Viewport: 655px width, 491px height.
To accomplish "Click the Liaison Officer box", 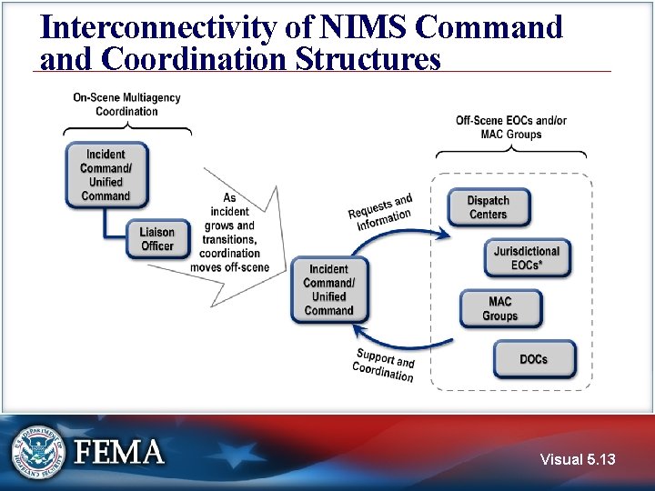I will click(x=157, y=239).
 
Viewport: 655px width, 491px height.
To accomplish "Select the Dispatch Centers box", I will click(x=489, y=207).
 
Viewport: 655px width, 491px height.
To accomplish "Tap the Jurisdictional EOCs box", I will click(x=527, y=258).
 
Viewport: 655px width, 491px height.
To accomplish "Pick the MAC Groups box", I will click(x=500, y=308).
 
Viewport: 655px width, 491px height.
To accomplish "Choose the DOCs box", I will click(x=534, y=359).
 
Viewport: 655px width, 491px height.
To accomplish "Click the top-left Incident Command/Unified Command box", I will click(x=106, y=175).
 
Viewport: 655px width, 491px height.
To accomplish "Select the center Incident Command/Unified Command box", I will click(x=329, y=289).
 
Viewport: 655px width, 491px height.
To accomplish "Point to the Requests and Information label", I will click(x=380, y=212).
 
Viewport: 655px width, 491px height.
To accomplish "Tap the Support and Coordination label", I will click(x=384, y=364).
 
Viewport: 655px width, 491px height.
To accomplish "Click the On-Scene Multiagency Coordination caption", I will click(x=126, y=105).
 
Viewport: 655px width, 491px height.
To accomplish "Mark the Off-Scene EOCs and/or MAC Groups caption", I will click(x=511, y=127).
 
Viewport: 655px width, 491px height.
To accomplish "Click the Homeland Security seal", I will click(x=38, y=452).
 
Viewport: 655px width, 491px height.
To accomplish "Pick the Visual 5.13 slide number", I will click(x=578, y=459).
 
